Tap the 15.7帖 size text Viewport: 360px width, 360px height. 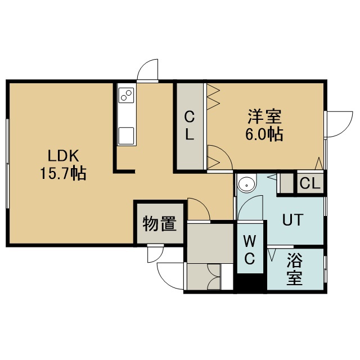tap(63, 173)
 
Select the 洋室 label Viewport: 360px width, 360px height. tap(264, 117)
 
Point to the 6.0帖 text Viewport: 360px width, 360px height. tap(264, 134)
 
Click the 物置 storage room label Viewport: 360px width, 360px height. tap(160, 224)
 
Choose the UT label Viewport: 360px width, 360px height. tap(292, 219)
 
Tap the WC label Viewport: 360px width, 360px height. tap(250, 250)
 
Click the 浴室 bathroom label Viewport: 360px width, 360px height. tap(294, 268)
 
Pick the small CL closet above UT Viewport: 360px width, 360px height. tap(310, 183)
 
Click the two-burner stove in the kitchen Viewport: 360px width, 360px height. tap(126, 94)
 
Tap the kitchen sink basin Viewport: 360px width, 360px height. tap(126, 136)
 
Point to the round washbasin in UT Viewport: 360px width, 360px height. tap(246, 183)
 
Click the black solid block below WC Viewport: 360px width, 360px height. tap(250, 282)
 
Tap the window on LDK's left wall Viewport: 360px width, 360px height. tap(8, 163)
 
